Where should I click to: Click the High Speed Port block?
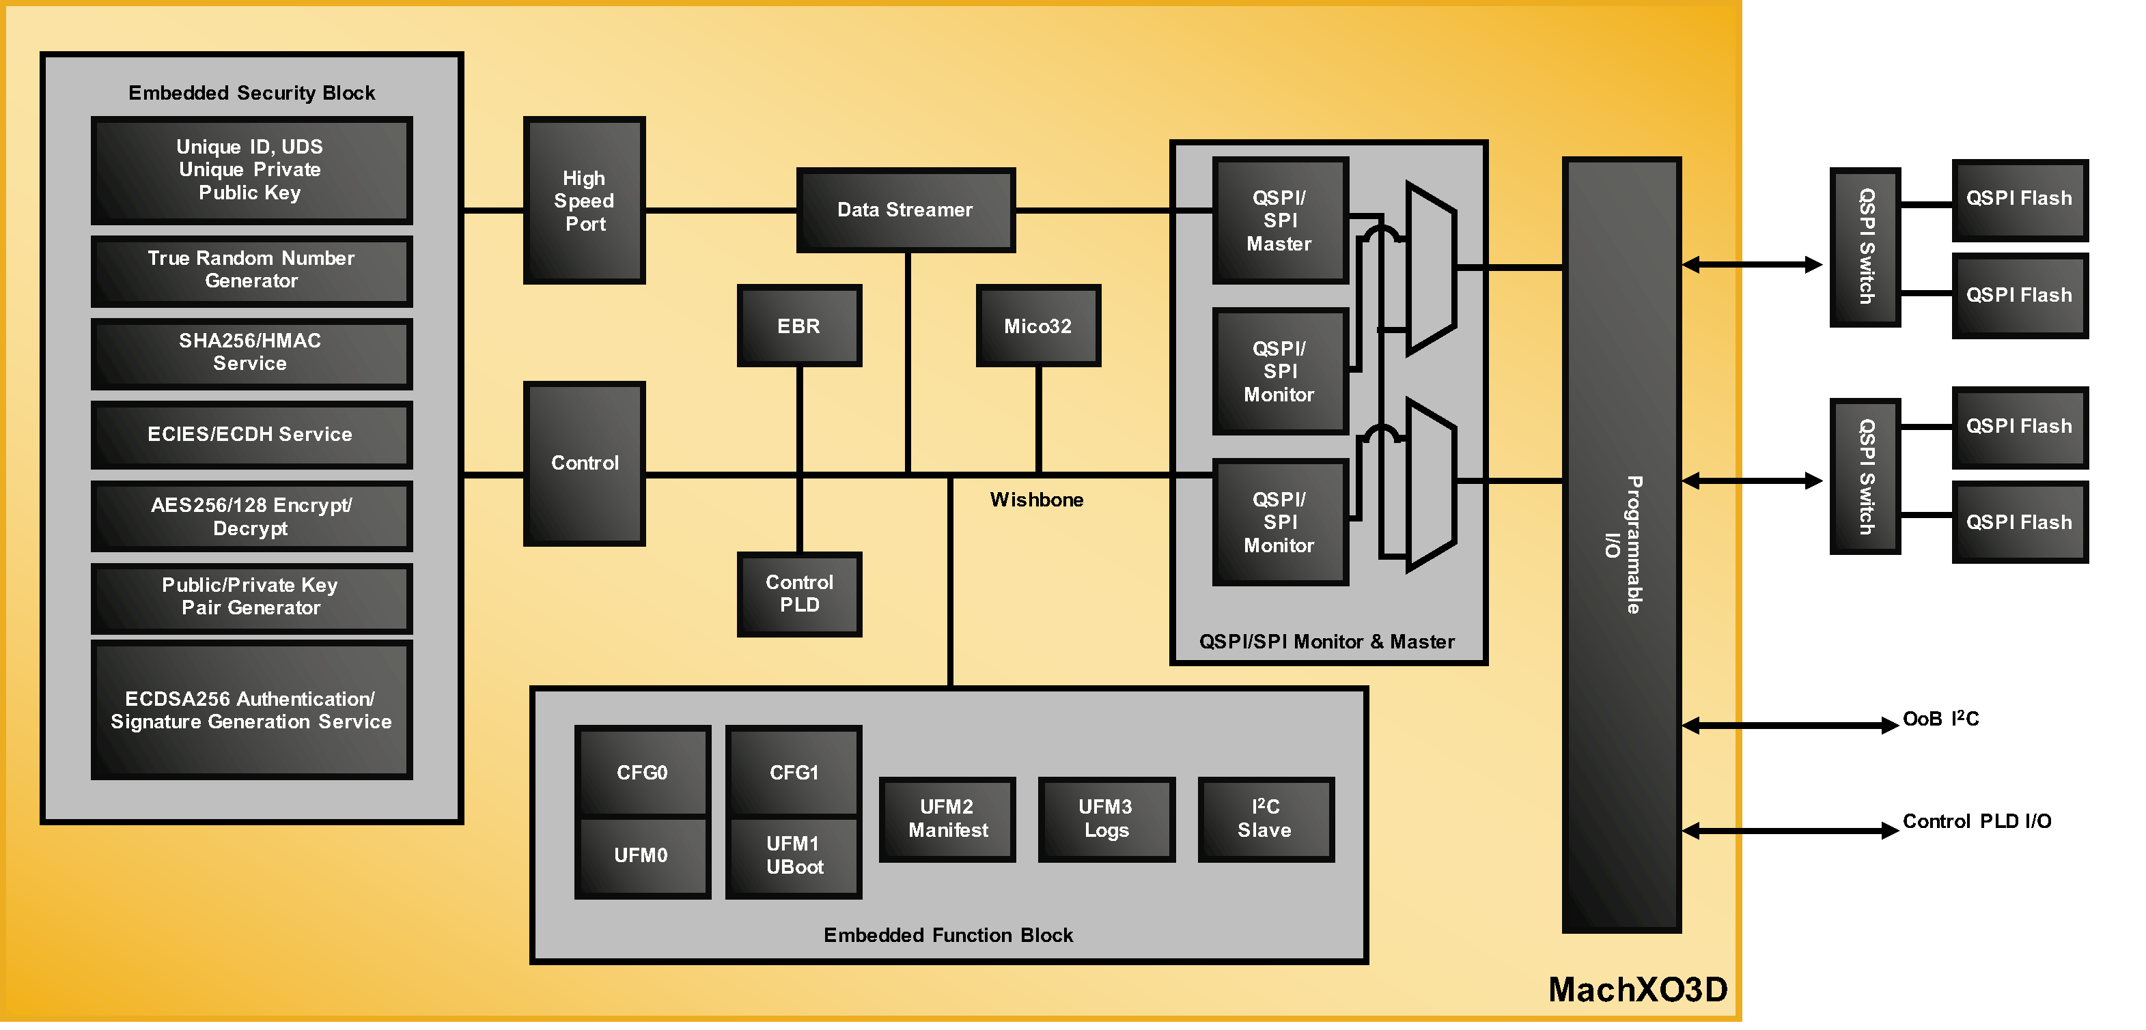pyautogui.click(x=584, y=201)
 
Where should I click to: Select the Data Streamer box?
pyautogui.click(x=905, y=210)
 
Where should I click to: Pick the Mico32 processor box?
pyautogui.click(x=1037, y=326)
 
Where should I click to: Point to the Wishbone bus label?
pyautogui.click(x=1035, y=500)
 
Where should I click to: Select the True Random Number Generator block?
pyautogui.click(x=251, y=270)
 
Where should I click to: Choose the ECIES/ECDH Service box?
pyautogui.click(x=251, y=434)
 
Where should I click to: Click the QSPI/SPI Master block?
pyautogui.click(x=1279, y=220)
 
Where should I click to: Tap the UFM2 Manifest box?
pyautogui.click(x=947, y=818)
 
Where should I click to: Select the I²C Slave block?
pyautogui.click(x=1265, y=818)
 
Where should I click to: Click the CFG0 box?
pyautogui.click(x=641, y=772)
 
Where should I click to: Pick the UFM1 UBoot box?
pyautogui.click(x=793, y=855)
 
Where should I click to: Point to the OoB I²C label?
pyautogui.click(x=1940, y=719)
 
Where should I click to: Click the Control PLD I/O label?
pyautogui.click(x=1976, y=821)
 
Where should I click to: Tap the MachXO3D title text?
pyautogui.click(x=1637, y=989)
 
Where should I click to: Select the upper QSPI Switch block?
pyautogui.click(x=1865, y=246)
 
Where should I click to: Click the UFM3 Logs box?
pyautogui.click(x=1106, y=818)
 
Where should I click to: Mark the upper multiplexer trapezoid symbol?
pyautogui.click(x=1430, y=268)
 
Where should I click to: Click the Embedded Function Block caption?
pyautogui.click(x=947, y=935)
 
